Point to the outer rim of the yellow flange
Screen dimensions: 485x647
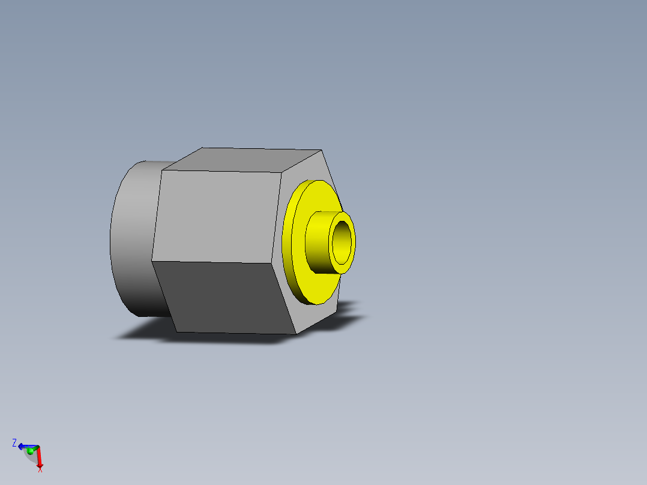click(286, 240)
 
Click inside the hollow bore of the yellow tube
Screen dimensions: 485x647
click(342, 241)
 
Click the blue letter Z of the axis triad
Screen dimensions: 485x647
click(14, 443)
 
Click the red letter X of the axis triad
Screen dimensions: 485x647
click(40, 469)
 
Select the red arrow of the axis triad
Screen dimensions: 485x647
click(38, 457)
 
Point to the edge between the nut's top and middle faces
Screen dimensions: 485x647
click(222, 172)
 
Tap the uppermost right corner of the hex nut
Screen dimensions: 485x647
click(322, 150)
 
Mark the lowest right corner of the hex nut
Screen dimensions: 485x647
click(296, 334)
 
